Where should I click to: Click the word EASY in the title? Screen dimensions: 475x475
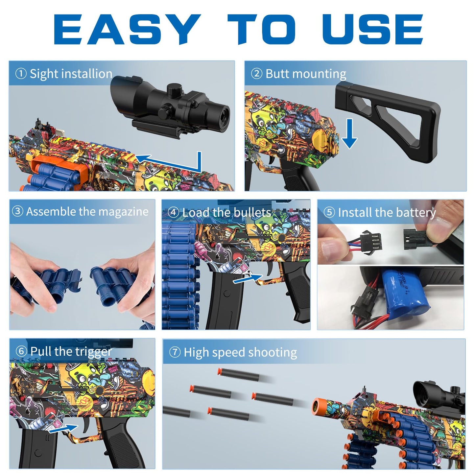tap(127, 29)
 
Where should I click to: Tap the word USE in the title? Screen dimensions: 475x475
tap(372, 29)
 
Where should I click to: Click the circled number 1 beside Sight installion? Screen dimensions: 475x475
tap(21, 74)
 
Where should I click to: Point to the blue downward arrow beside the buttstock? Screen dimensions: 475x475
tap(349, 133)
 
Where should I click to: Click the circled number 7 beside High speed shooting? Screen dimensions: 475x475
tap(175, 352)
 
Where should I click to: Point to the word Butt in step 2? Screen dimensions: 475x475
tap(277, 74)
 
